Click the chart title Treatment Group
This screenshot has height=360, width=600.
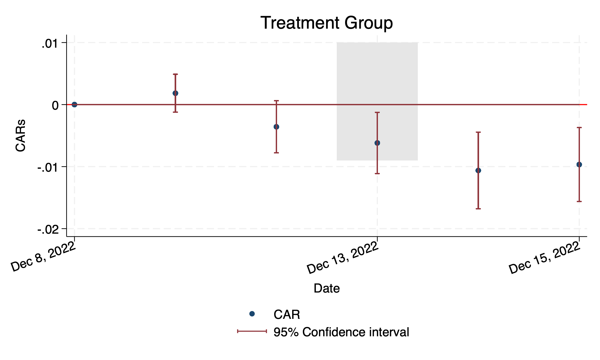[327, 23]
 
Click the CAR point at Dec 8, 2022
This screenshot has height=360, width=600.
[75, 104]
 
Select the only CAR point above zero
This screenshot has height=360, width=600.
[175, 93]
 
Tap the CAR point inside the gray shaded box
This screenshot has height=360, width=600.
[377, 143]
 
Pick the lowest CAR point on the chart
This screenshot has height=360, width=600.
[478, 170]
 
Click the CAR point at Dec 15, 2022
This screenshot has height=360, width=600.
[579, 164]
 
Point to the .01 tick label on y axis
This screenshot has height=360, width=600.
[50, 44]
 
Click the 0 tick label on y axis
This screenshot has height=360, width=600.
[55, 105]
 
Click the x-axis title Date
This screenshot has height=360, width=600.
[327, 288]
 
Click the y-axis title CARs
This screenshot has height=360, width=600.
[21, 135]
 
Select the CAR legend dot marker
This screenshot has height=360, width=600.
[252, 314]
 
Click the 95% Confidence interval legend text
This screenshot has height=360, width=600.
[341, 332]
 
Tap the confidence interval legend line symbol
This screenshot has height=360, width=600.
[252, 331]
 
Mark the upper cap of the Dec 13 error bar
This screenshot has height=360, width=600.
[377, 112]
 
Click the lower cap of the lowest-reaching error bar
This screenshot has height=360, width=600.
[478, 209]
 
